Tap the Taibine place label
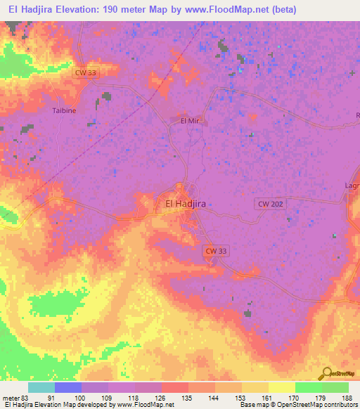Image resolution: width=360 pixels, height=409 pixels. coord(64,111)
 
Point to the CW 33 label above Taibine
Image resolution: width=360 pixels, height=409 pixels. coord(88,73)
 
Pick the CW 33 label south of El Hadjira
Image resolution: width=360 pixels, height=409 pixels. coord(217,251)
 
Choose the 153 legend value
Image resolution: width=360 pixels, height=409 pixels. coord(241,397)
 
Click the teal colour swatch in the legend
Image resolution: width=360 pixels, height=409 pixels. coord(41,387)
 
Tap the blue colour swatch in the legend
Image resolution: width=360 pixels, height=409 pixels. coord(68,387)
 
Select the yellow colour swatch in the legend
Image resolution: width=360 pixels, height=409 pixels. coord(281,387)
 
